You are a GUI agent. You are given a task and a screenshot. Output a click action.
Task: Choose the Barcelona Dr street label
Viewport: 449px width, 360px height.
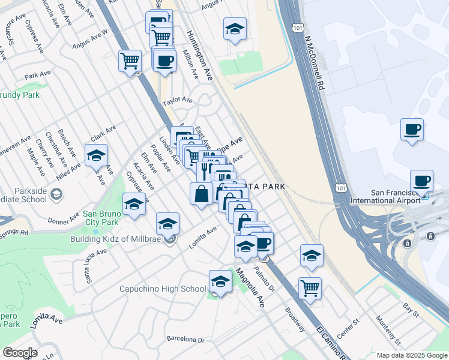[185, 340]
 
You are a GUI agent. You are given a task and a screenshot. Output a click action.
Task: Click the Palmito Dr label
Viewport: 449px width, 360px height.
[264, 279]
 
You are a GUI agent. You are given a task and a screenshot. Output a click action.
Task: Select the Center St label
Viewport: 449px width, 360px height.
[348, 325]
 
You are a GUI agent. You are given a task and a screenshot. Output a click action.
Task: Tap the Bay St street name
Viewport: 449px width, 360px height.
[411, 309]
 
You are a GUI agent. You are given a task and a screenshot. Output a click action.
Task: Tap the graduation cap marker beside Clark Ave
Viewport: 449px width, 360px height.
[96, 155]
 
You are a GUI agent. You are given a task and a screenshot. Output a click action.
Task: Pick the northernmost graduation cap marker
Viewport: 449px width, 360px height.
[235, 28]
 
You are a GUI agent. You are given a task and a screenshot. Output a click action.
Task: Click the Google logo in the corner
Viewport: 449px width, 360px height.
[20, 353]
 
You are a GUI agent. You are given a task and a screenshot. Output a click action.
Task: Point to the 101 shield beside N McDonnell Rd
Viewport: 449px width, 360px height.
[298, 28]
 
